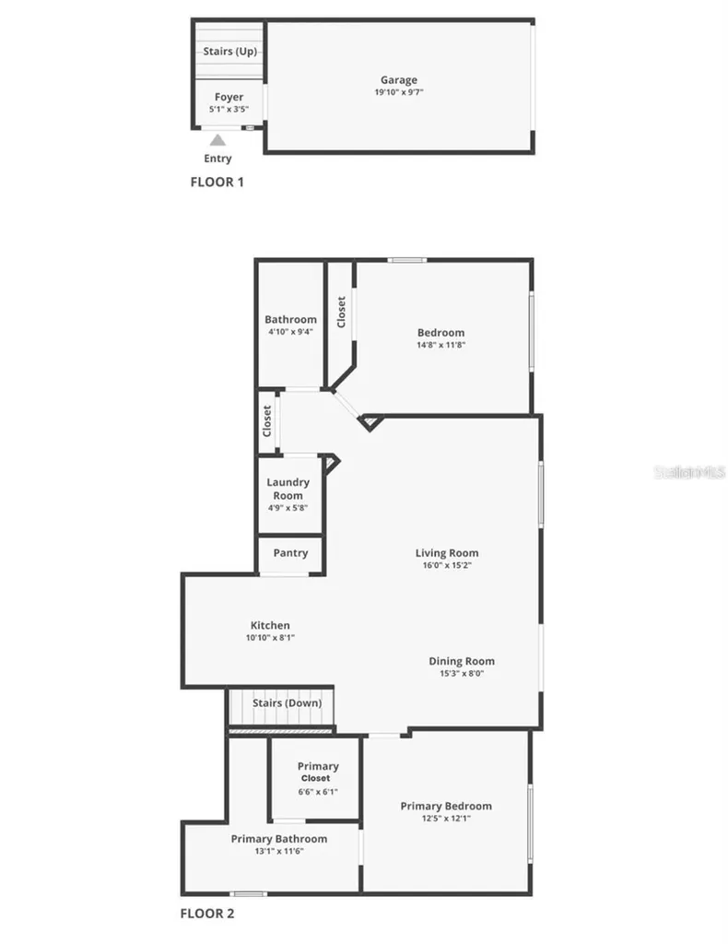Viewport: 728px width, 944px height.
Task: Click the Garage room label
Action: pyautogui.click(x=398, y=79)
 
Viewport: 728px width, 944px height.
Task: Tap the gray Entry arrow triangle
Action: pyautogui.click(x=217, y=140)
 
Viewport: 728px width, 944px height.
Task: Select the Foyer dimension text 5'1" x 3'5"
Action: pyautogui.click(x=229, y=109)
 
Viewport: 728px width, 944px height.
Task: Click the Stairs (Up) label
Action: pyautogui.click(x=229, y=52)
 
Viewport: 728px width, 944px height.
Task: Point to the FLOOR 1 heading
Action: pyautogui.click(x=217, y=182)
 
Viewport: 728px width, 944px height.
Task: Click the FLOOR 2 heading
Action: pyautogui.click(x=207, y=914)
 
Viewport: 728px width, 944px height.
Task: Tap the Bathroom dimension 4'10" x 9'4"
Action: pyautogui.click(x=290, y=332)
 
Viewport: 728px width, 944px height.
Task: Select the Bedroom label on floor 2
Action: pyautogui.click(x=441, y=332)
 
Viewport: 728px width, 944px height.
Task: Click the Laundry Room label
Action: pyautogui.click(x=288, y=489)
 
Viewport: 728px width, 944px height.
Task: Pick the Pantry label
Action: pyautogui.click(x=290, y=553)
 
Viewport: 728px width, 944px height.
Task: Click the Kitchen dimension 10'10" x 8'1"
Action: pyautogui.click(x=270, y=638)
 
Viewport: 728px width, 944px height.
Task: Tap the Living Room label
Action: pyautogui.click(x=447, y=553)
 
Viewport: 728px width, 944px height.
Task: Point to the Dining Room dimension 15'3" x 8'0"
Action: pyautogui.click(x=462, y=674)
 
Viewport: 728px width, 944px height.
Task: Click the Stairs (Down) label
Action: pyautogui.click(x=287, y=702)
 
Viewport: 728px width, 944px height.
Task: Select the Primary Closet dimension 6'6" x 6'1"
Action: pyautogui.click(x=318, y=792)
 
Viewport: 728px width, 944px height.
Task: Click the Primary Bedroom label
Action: pyautogui.click(x=446, y=806)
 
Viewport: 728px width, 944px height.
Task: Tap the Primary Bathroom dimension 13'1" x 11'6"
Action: pyautogui.click(x=279, y=851)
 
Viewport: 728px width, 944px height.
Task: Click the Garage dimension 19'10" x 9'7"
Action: pyautogui.click(x=398, y=92)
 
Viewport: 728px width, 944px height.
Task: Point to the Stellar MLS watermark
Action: pyautogui.click(x=689, y=472)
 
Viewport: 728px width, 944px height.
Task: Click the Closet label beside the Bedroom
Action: pyautogui.click(x=341, y=312)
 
